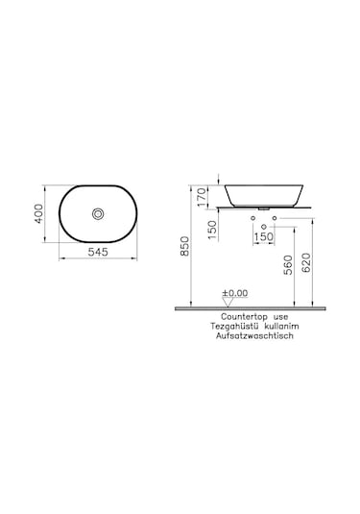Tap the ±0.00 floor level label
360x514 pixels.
pyautogui.click(x=235, y=292)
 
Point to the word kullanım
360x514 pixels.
pyautogui.click(x=287, y=327)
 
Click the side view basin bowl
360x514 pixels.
pyautogui.click(x=261, y=192)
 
